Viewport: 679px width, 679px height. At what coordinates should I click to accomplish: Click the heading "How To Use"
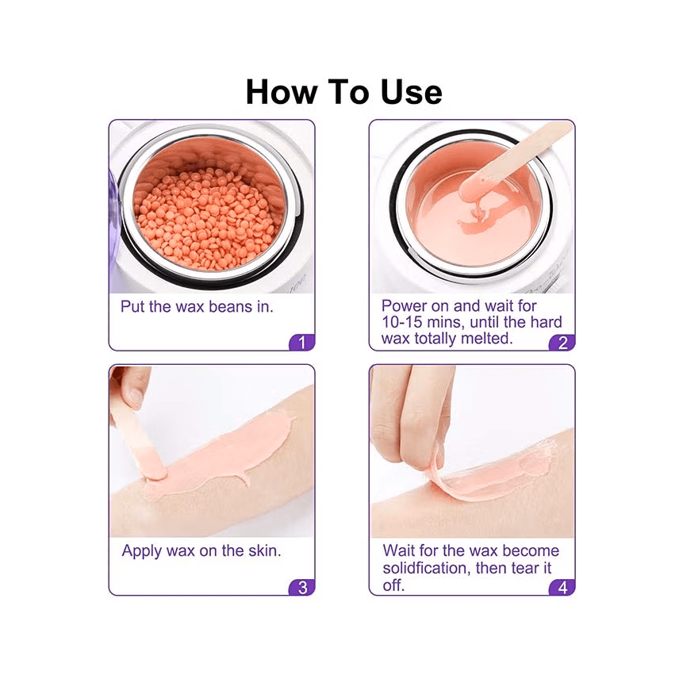coord(343,92)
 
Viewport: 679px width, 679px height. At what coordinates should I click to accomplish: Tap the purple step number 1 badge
coord(302,343)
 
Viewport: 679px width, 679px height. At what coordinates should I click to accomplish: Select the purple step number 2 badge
coord(562,343)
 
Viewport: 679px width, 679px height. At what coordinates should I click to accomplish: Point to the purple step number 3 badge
coord(302,587)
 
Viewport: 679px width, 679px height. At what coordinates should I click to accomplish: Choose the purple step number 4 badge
coord(562,587)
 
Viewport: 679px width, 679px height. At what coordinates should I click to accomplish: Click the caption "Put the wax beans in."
coord(197,307)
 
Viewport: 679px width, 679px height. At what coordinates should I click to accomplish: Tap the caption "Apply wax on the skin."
coord(201,550)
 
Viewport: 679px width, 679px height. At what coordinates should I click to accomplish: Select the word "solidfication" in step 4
coord(425,568)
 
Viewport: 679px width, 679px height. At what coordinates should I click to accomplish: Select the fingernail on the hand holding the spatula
coord(136,397)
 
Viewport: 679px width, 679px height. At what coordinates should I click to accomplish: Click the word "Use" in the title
coord(412,92)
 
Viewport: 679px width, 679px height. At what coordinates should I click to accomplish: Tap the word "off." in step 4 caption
coord(393,585)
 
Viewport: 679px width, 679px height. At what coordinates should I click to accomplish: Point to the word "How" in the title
coord(282,92)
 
